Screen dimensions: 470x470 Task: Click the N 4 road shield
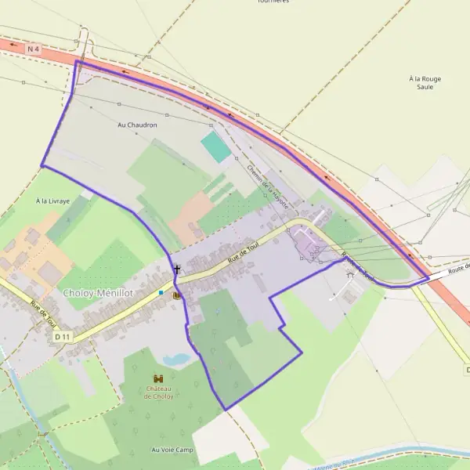click(x=32, y=49)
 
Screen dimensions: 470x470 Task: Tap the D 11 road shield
click(x=63, y=335)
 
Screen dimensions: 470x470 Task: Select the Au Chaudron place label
click(x=137, y=125)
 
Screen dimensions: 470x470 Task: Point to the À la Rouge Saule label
click(x=425, y=83)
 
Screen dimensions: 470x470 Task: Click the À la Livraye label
click(x=52, y=201)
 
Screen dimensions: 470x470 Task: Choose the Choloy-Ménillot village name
click(x=97, y=292)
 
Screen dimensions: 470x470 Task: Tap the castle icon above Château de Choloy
click(x=159, y=378)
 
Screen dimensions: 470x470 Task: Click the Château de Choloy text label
click(x=159, y=392)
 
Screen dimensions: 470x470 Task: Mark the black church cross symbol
click(x=177, y=269)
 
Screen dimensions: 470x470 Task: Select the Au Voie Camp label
click(x=172, y=450)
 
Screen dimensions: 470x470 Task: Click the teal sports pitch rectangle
click(x=215, y=146)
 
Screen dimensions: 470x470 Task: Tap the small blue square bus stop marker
click(x=161, y=292)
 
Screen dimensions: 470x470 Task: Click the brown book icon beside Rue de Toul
click(x=176, y=295)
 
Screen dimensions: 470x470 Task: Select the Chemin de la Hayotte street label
click(x=268, y=186)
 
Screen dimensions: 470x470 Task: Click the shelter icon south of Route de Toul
click(x=349, y=275)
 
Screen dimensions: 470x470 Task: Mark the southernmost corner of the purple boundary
click(x=225, y=410)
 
